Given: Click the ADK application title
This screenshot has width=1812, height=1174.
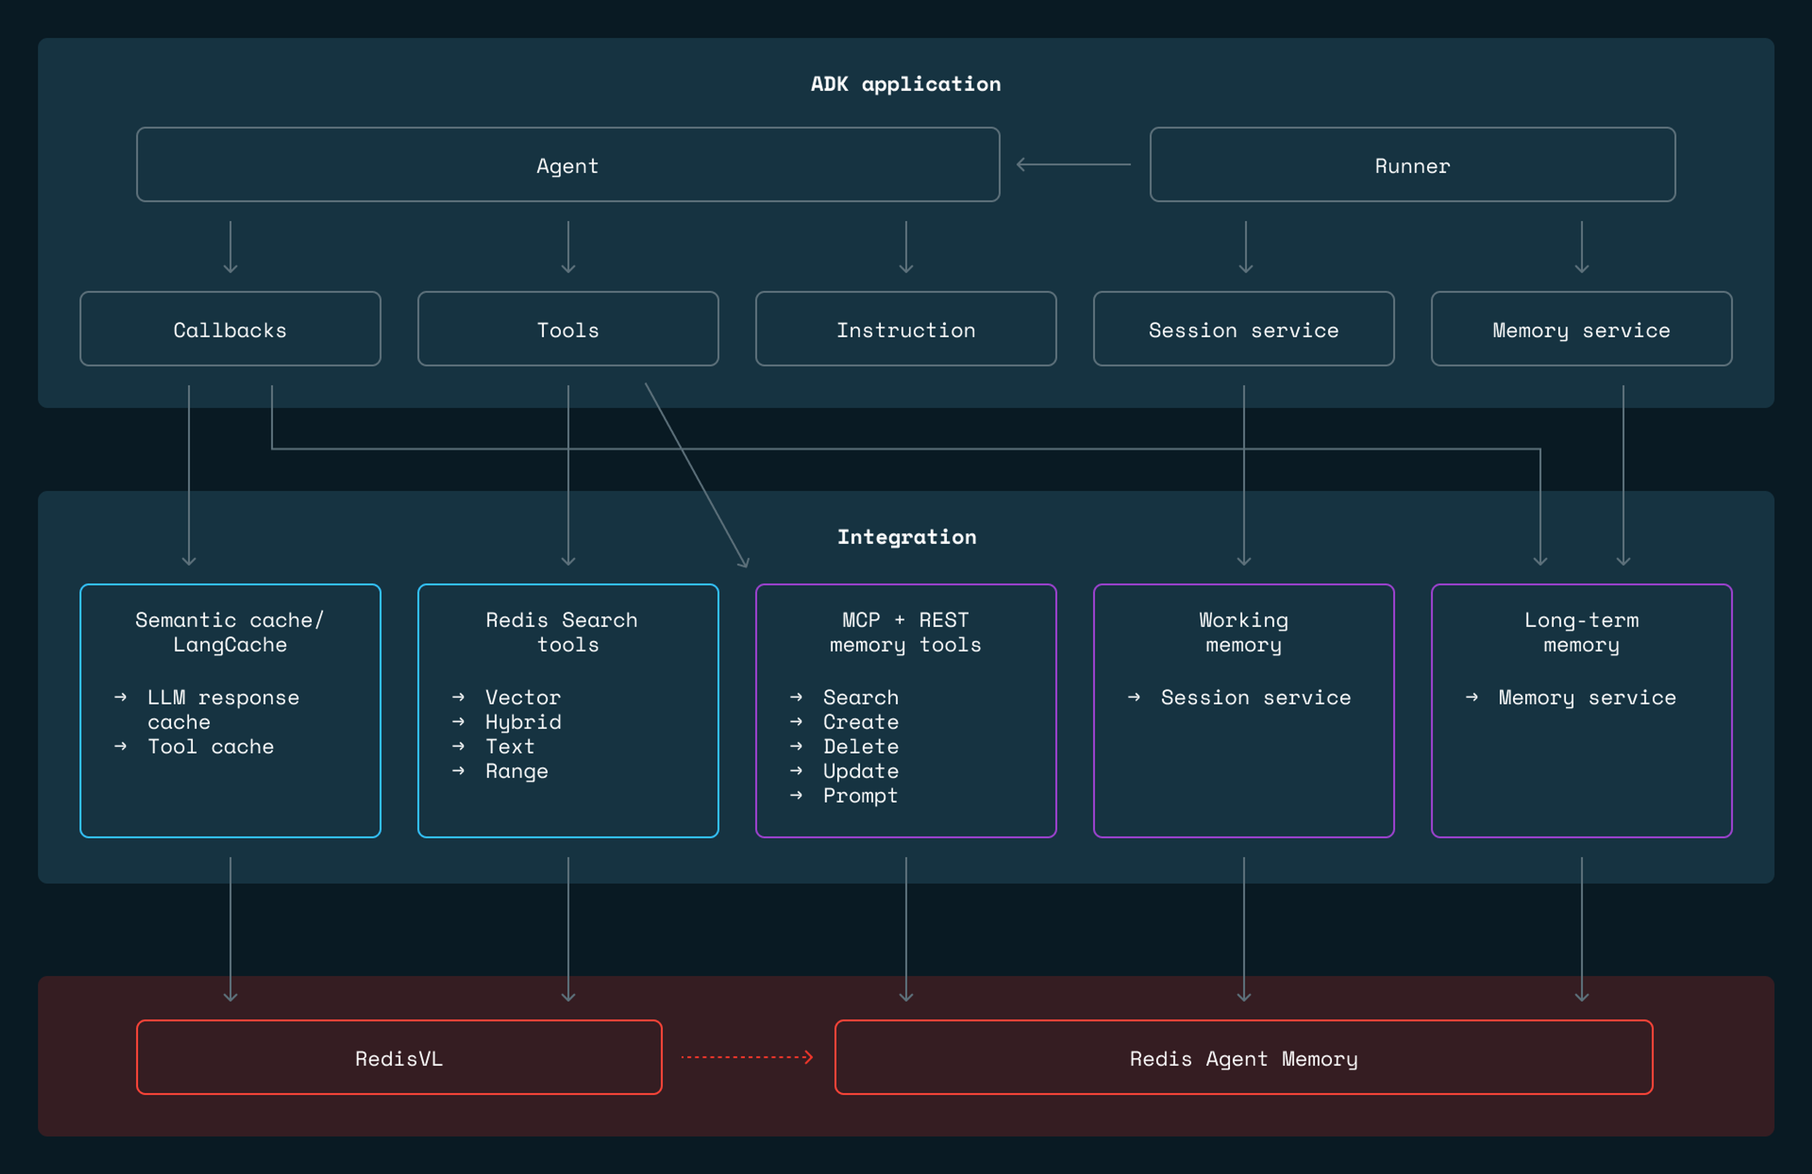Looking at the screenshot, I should click(905, 84).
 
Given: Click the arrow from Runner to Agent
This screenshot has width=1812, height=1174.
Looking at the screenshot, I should click(1074, 165).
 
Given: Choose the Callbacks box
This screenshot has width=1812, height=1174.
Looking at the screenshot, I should click(230, 330).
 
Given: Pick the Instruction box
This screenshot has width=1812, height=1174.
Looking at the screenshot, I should click(905, 330).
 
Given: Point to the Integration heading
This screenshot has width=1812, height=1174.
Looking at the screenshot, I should click(906, 537).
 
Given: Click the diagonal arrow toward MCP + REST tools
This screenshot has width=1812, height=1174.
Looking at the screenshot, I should click(696, 476).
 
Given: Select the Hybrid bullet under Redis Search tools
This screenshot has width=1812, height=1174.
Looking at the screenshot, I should click(523, 722).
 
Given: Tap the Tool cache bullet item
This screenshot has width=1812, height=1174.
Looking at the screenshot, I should click(210, 746).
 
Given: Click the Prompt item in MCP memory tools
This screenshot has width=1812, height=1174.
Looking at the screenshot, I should click(860, 796).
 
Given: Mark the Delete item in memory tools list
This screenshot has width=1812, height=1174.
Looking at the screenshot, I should click(860, 746).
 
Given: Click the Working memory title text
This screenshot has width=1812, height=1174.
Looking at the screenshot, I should click(1243, 632).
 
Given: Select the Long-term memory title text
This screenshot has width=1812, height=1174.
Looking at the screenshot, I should click(1581, 632).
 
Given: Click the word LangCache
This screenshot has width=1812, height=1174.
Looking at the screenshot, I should click(230, 645).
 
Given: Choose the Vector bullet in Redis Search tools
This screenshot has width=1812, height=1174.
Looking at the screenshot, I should click(523, 697).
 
